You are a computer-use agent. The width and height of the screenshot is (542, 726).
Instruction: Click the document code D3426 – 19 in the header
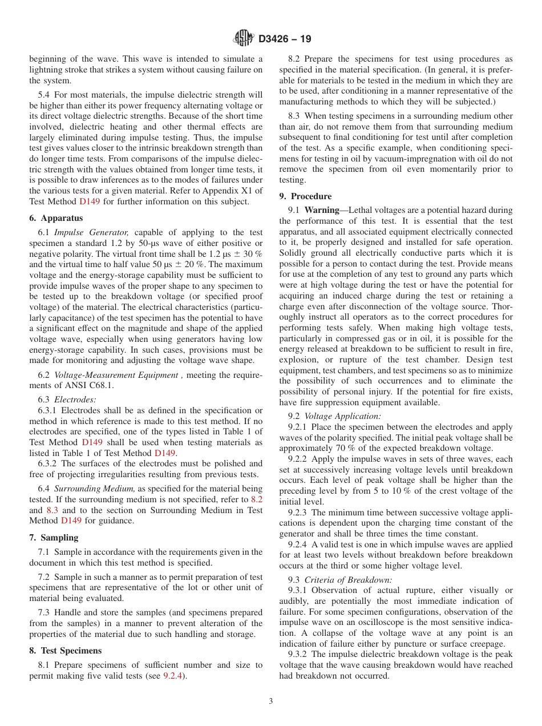285,39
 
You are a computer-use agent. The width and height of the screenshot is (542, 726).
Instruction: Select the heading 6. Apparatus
56,218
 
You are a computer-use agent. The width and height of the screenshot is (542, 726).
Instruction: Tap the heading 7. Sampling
54,538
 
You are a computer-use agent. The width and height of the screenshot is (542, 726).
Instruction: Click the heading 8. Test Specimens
65,651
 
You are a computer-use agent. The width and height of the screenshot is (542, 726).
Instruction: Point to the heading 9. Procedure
305,196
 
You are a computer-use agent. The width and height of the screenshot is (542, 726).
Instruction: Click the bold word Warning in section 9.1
322,211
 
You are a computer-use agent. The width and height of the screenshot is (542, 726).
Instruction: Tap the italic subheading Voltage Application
342,417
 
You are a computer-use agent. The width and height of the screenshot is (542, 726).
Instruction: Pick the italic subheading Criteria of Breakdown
348,580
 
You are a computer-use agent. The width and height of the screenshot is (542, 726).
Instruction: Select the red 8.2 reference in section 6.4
257,499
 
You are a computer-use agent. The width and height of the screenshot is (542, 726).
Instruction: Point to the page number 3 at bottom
271,701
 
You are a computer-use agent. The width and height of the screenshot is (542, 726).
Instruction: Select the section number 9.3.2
298,654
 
